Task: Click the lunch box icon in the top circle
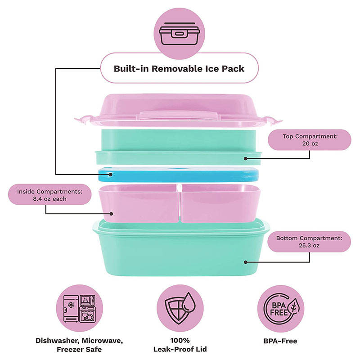pyautogui.click(x=179, y=34)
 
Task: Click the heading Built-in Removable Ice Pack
pyautogui.click(x=179, y=69)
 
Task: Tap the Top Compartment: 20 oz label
pyautogui.click(x=310, y=140)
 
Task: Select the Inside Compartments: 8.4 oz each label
pyautogui.click(x=49, y=195)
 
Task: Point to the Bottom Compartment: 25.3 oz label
pyautogui.click(x=309, y=242)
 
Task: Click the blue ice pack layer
pyautogui.click(x=178, y=175)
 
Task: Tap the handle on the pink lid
pyautogui.click(x=179, y=115)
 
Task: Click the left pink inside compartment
pyautogui.click(x=139, y=203)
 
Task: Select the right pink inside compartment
pyautogui.click(x=220, y=203)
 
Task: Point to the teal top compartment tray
pyautogui.click(x=178, y=147)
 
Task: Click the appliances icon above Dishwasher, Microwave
pyautogui.click(x=80, y=308)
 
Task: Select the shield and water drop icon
pyautogui.click(x=180, y=308)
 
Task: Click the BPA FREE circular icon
pyautogui.click(x=280, y=308)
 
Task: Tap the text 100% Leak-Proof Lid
pyautogui.click(x=180, y=345)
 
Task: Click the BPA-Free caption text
pyautogui.click(x=280, y=341)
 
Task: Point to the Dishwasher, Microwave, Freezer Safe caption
pyautogui.click(x=79, y=345)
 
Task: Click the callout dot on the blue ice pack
pyautogui.click(x=110, y=175)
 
